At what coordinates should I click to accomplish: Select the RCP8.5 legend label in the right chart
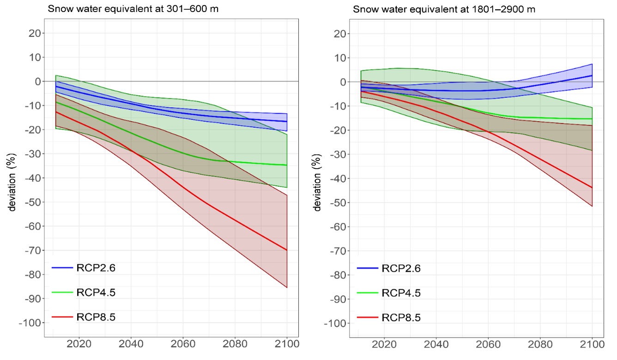(x=401, y=317)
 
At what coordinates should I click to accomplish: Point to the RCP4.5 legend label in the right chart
(x=401, y=293)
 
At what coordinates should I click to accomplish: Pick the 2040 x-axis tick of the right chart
(x=436, y=344)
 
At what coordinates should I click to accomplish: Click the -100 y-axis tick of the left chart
(x=29, y=323)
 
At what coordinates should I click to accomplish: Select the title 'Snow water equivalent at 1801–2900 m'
(x=444, y=9)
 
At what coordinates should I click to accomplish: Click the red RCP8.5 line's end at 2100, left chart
(x=287, y=250)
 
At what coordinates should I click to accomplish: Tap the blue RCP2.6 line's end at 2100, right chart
(x=592, y=75)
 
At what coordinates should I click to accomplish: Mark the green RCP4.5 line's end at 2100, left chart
(x=287, y=165)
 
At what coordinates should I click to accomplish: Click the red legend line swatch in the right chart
(x=368, y=317)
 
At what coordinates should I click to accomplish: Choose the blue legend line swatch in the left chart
(x=62, y=268)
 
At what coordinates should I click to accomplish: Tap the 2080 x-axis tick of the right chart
(x=540, y=344)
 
